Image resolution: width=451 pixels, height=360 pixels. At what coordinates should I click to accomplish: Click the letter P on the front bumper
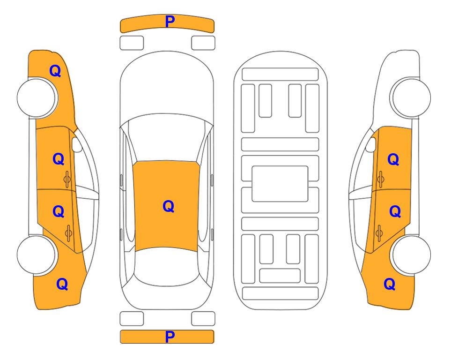pyautogui.click(x=170, y=21)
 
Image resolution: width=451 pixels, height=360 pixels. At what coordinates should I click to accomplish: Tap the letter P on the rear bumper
pyautogui.click(x=170, y=337)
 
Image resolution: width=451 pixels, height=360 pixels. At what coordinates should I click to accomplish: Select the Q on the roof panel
pyautogui.click(x=169, y=206)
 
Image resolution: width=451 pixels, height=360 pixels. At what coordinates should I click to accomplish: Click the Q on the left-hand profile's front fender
pyautogui.click(x=55, y=71)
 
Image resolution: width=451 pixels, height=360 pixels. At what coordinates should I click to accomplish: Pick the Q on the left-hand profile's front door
pyautogui.click(x=59, y=159)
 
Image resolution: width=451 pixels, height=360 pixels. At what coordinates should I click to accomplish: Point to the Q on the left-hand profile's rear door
pyautogui.click(x=59, y=212)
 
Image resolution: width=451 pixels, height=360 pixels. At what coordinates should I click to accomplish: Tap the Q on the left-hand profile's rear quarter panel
pyautogui.click(x=62, y=284)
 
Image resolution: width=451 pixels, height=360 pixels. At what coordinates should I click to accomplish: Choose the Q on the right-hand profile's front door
pyautogui.click(x=393, y=159)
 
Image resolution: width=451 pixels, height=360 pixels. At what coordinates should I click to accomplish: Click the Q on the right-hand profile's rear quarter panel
pyautogui.click(x=390, y=284)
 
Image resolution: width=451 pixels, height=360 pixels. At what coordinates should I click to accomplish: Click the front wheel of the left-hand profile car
pyautogui.click(x=37, y=98)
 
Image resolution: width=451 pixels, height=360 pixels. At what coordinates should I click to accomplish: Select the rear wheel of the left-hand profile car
pyautogui.click(x=37, y=255)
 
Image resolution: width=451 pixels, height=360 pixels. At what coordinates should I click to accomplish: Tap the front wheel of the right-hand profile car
pyautogui.click(x=410, y=97)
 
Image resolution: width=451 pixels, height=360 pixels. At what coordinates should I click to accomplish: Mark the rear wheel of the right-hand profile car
pyautogui.click(x=411, y=255)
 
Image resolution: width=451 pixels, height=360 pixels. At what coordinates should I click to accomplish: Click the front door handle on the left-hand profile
pyautogui.click(x=67, y=180)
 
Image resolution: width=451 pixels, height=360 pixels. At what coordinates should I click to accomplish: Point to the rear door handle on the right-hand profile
pyautogui.click(x=379, y=232)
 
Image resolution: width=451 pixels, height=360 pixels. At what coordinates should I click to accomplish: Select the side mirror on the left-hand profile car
pyautogui.click(x=76, y=144)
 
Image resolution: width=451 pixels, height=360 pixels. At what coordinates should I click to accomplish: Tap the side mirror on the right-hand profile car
pyautogui.click(x=371, y=144)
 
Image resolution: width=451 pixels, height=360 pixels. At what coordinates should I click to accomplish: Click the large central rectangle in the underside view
pyautogui.click(x=280, y=184)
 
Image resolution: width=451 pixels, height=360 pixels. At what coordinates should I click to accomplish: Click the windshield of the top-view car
pyautogui.click(x=167, y=138)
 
